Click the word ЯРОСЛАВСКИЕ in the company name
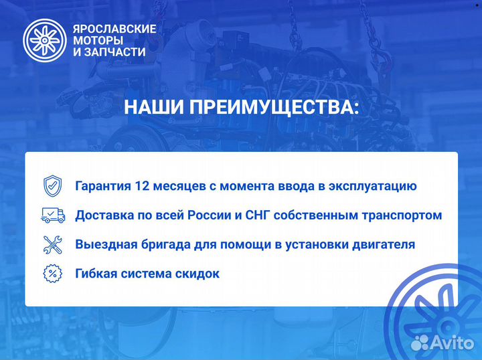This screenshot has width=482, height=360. pyautogui.click(x=114, y=29)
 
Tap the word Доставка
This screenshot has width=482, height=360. pyautogui.click(x=101, y=215)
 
